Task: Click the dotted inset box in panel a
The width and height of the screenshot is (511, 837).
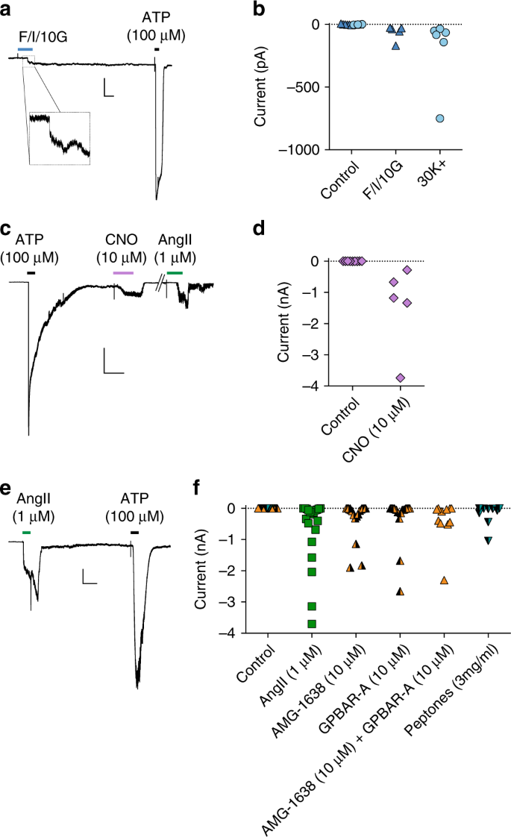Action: (x=59, y=137)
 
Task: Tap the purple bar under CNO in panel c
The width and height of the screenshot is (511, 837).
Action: (x=123, y=273)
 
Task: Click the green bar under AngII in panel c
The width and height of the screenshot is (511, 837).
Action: (x=175, y=273)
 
